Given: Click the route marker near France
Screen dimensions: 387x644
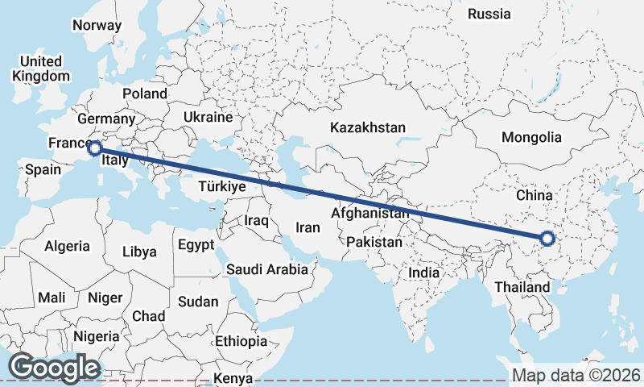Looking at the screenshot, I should tap(94, 148).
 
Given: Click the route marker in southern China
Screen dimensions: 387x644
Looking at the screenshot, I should tap(547, 238).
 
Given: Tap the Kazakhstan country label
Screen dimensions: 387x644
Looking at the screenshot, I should tap(368, 127).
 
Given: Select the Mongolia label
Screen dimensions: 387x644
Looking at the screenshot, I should tap(531, 137).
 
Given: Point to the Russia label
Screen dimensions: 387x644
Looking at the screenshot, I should tap(489, 14).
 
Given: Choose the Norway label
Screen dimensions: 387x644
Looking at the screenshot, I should tap(97, 25).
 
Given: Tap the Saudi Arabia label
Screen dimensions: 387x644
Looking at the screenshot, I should tap(267, 269).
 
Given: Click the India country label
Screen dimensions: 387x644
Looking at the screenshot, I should tap(424, 273).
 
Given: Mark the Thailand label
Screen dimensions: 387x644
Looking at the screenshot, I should tap(522, 287).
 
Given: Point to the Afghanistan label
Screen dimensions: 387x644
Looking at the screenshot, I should tap(370, 214).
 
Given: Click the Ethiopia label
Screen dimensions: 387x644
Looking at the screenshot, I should tap(241, 341).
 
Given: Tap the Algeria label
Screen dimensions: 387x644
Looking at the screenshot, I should tap(67, 246).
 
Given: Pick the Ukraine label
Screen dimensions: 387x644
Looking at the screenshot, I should tap(208, 118).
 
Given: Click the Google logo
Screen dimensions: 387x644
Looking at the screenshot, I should tap(54, 368).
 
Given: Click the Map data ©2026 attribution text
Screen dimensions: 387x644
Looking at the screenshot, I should tap(576, 375).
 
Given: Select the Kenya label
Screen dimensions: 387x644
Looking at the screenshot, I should tap(234, 378).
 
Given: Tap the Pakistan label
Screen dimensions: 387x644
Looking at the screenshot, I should tap(374, 242).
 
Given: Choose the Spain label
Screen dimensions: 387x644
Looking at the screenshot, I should tap(43, 169).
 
